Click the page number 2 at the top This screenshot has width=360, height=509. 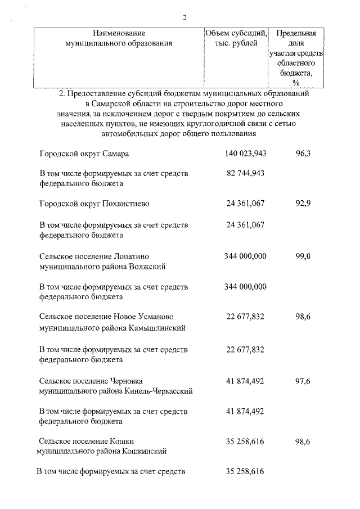click(x=184, y=17)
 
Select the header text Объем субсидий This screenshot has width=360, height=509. click(x=236, y=33)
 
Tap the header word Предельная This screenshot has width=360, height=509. click(x=296, y=33)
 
